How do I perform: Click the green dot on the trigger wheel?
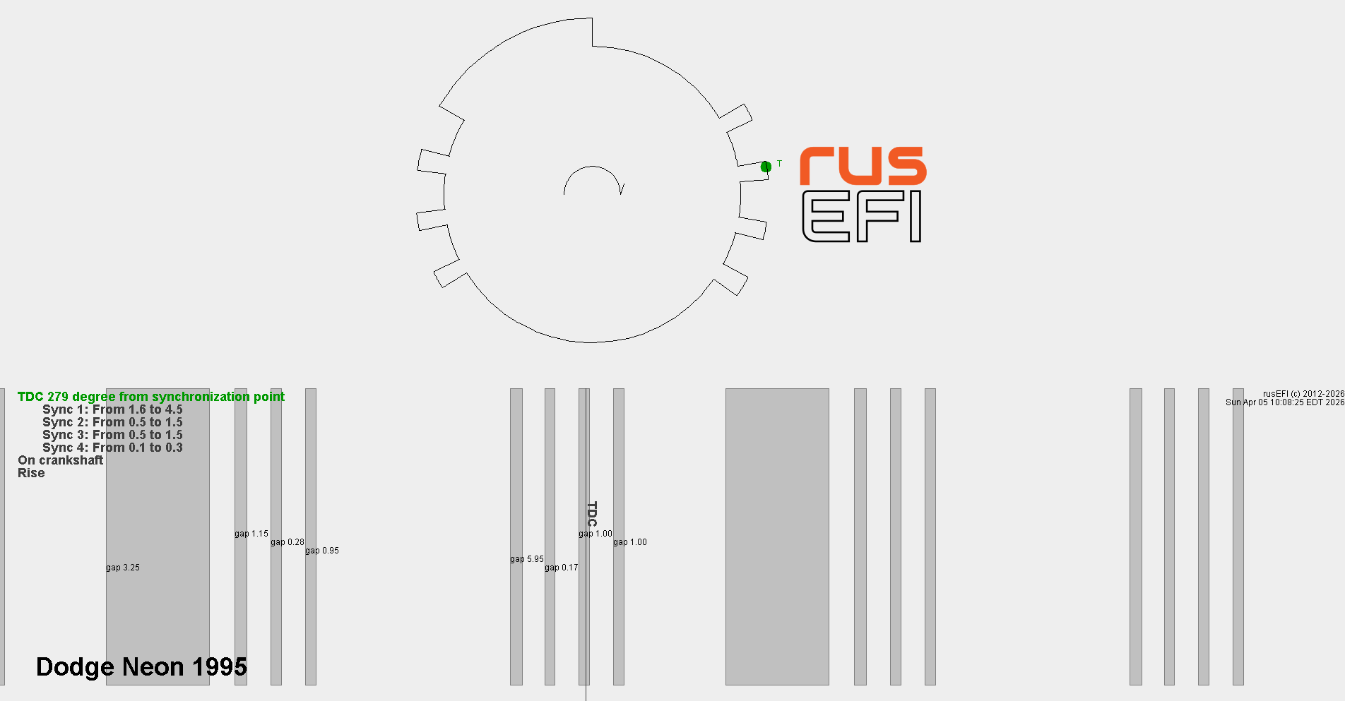[766, 167]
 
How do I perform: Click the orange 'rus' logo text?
[863, 166]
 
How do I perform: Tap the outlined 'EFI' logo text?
[862, 216]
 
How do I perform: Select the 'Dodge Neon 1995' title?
[141, 666]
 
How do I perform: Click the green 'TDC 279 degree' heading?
[151, 397]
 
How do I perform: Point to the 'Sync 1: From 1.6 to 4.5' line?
[112, 409]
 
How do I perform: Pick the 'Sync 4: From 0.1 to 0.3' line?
[112, 448]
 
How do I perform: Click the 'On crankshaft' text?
[61, 460]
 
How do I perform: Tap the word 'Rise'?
[31, 473]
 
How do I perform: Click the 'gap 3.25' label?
[123, 568]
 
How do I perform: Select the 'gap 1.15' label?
[251, 534]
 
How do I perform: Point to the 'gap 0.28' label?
[288, 542]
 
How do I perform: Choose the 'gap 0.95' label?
[322, 551]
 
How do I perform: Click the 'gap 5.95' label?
[527, 559]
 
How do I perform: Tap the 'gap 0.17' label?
[562, 568]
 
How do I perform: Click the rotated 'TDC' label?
[592, 514]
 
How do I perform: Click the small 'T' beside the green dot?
[779, 164]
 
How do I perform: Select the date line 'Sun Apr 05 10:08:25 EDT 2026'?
[1285, 402]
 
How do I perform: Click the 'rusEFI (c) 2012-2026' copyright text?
[1304, 394]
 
